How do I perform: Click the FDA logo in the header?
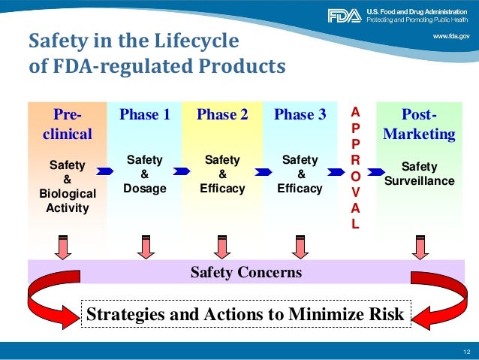click(x=345, y=15)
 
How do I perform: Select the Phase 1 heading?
click(x=145, y=114)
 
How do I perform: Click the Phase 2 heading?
click(x=222, y=114)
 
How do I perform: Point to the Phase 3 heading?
click(x=300, y=114)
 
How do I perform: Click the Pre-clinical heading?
click(x=66, y=124)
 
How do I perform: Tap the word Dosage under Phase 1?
click(x=145, y=189)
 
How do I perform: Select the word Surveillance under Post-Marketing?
click(x=419, y=180)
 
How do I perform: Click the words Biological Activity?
click(x=67, y=200)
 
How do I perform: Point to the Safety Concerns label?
click(x=246, y=272)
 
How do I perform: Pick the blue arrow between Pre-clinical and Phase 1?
click(x=106, y=172)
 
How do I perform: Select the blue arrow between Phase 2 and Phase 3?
click(x=262, y=172)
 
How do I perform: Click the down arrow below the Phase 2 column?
click(x=222, y=245)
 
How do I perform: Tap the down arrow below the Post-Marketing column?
click(x=419, y=245)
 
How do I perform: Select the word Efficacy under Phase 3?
click(x=300, y=189)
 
